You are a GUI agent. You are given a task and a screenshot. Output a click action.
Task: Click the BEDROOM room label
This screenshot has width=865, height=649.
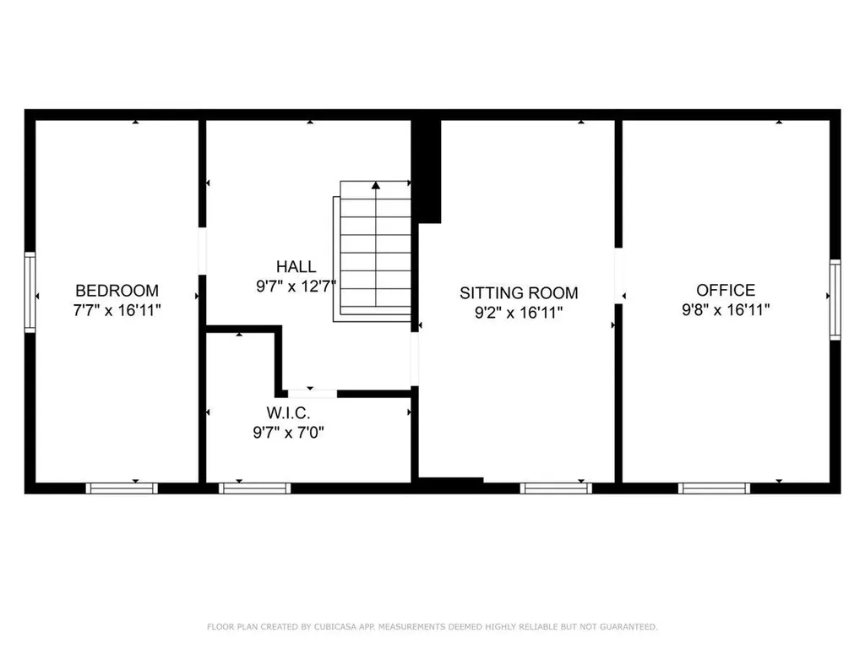117,290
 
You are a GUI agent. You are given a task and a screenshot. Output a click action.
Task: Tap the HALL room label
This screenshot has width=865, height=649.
296,267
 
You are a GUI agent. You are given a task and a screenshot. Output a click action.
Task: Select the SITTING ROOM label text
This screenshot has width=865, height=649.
519,293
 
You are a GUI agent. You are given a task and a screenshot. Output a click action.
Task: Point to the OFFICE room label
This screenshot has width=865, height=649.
731,290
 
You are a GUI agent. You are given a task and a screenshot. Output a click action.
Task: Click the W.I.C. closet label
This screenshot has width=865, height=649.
289,413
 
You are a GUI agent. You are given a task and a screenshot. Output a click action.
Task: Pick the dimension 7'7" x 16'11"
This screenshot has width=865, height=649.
117,310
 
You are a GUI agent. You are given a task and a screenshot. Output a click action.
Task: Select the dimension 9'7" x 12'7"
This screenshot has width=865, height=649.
296,286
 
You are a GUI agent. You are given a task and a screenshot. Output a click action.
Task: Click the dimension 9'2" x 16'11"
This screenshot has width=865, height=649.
519,313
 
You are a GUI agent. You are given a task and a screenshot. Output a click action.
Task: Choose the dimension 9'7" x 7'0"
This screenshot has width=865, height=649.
289,433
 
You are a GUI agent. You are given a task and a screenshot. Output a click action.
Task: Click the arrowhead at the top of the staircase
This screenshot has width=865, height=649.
375,183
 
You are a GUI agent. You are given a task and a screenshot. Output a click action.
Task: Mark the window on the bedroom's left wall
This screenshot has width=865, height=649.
30,292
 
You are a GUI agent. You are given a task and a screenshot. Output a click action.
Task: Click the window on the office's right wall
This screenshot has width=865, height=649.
835,299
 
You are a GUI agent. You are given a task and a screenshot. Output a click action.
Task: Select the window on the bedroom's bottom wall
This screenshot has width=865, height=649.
122,488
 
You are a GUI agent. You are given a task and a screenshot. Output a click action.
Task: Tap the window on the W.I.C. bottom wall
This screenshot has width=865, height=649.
254,488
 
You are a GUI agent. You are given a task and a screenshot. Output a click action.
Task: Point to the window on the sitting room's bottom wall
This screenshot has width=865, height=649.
556,488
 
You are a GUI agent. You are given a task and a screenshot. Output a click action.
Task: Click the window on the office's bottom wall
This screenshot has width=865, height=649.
715,488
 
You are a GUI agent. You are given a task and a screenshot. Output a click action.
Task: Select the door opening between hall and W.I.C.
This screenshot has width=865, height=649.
312,393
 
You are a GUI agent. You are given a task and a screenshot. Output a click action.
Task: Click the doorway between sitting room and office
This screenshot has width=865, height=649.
618,275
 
